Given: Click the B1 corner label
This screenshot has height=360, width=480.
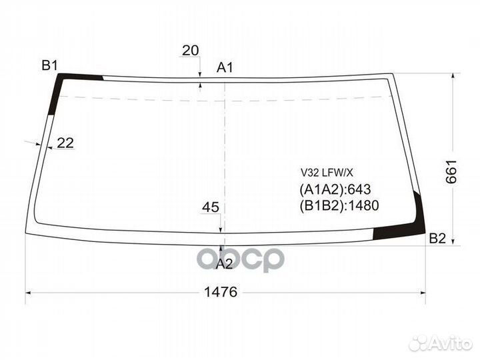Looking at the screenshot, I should [x=49, y=65].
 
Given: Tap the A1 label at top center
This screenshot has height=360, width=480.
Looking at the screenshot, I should [x=225, y=67].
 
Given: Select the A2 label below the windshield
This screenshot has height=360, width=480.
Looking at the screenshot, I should [x=225, y=264].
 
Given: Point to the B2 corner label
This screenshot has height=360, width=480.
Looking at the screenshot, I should [x=437, y=238].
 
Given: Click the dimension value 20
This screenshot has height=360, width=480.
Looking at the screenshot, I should [x=191, y=51].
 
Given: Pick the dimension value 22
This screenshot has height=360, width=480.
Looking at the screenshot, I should [x=65, y=142].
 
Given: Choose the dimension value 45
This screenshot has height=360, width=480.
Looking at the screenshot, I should [x=211, y=207].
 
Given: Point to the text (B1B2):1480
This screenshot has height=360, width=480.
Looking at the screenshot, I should [x=339, y=205].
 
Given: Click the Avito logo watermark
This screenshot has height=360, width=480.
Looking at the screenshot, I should [x=441, y=343].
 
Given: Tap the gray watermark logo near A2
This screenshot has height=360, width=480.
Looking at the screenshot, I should [x=253, y=258].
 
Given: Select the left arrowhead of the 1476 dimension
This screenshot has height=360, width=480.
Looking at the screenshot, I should [x=29, y=293].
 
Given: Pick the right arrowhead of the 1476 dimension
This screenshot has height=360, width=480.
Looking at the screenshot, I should [x=423, y=293].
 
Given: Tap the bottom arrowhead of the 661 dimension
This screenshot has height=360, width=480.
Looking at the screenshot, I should [x=454, y=241].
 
